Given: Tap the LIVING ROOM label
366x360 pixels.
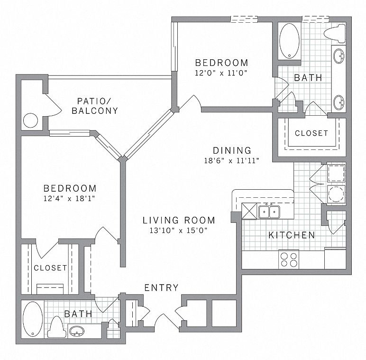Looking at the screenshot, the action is point(179,220).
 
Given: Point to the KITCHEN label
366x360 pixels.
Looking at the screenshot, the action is point(292,235).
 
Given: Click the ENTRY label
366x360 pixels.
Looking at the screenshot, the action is point(161,287).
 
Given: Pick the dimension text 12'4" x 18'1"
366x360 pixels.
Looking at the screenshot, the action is point(69,199).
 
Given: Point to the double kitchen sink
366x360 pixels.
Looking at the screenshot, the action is point(269,211).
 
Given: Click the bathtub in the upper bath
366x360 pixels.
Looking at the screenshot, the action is point(289,41).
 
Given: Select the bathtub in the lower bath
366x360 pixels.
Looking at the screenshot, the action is point(32,320).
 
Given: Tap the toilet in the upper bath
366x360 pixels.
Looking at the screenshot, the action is point(336,32).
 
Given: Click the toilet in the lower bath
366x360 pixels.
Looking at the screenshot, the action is point(57,327).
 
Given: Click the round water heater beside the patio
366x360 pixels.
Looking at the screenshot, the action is point(31,120).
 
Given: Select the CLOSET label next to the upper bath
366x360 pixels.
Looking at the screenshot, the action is point(311,133).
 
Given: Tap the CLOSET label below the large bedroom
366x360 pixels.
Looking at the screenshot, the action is point(50,268).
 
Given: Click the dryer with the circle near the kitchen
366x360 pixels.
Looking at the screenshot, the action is point(336,194).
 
